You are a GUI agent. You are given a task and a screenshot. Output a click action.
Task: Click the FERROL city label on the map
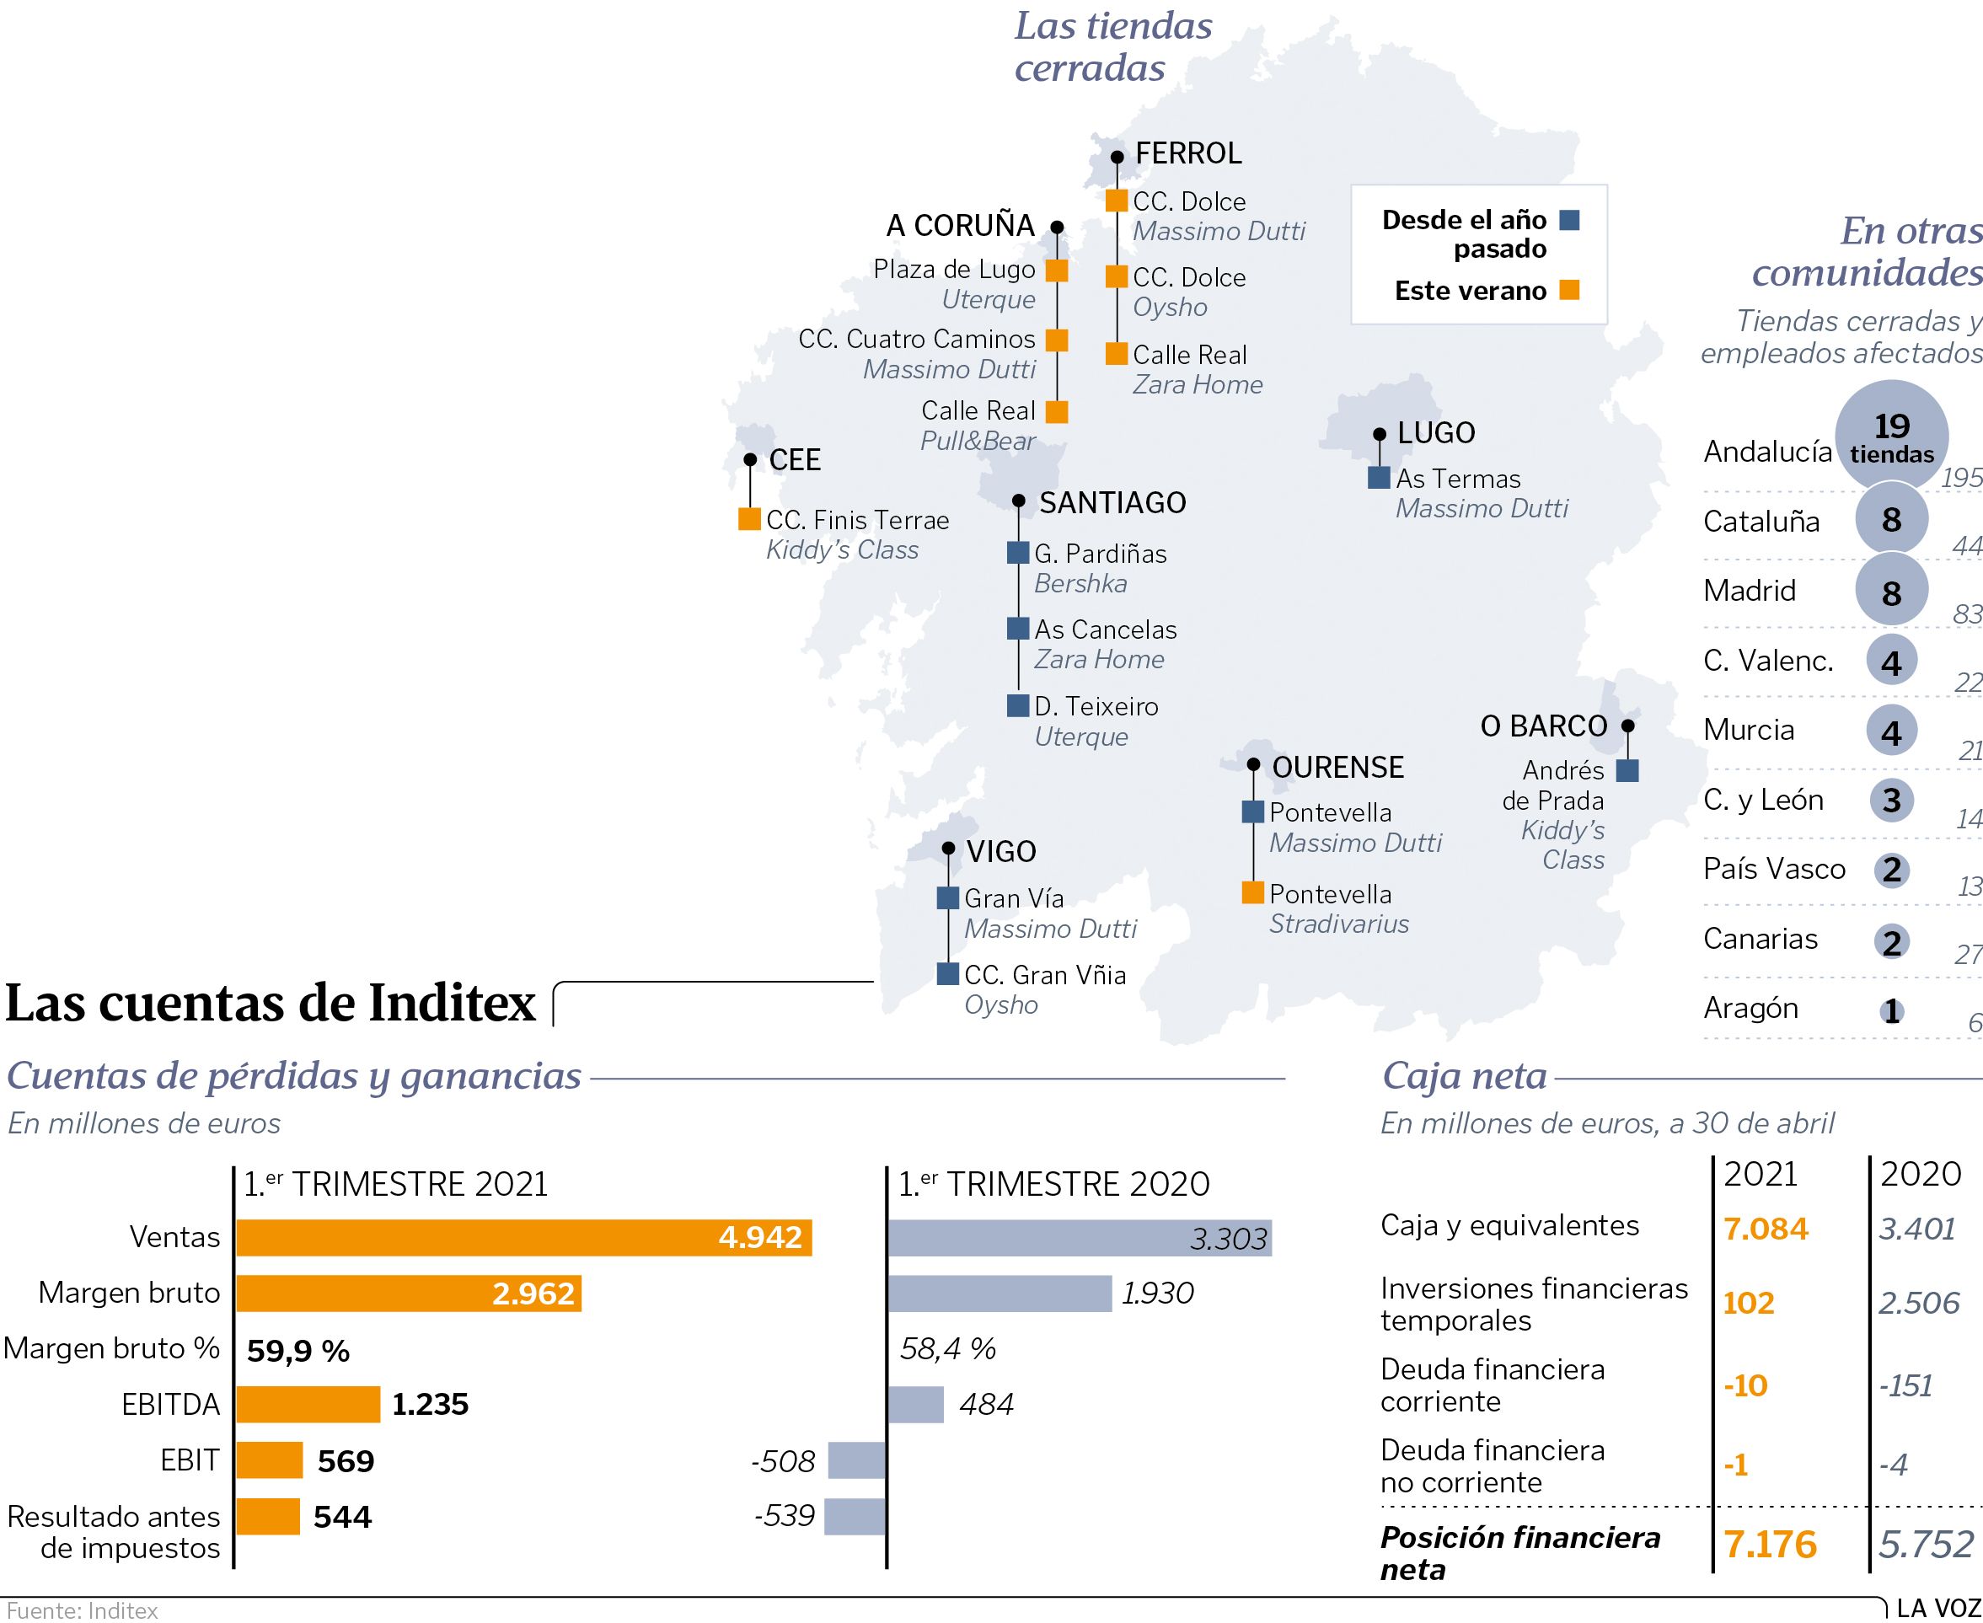(1187, 153)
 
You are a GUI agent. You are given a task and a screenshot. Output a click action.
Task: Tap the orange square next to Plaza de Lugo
(1057, 270)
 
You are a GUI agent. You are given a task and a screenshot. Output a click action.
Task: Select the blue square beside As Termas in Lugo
(1378, 478)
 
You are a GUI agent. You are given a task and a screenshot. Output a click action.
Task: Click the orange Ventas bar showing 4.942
(523, 1237)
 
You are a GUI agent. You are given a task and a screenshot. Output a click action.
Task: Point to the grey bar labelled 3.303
(1079, 1238)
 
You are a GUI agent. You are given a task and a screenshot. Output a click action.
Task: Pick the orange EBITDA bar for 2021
(308, 1403)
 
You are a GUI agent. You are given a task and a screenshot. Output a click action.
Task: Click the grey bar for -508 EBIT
(856, 1460)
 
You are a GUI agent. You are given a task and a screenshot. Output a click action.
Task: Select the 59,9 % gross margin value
(297, 1350)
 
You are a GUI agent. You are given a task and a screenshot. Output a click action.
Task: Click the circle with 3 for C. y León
(1890, 801)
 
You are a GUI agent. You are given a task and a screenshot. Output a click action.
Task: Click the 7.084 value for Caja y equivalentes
(1766, 1228)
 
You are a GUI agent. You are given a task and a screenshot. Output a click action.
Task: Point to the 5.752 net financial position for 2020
(1925, 1545)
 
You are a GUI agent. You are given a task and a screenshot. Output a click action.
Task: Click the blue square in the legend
(1570, 220)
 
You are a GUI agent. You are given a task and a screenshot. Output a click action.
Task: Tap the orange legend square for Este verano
(1570, 290)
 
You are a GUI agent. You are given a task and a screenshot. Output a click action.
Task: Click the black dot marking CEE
(750, 460)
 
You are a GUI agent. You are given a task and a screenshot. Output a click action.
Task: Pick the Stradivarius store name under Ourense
(1338, 924)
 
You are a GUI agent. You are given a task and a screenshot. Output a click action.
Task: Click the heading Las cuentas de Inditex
(271, 1003)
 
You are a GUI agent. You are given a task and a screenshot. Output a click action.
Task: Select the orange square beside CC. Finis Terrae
(749, 519)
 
